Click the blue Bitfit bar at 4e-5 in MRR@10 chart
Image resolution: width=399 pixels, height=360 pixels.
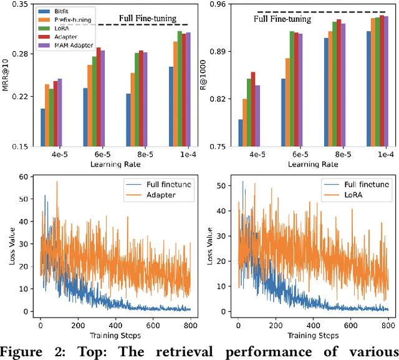(43, 127)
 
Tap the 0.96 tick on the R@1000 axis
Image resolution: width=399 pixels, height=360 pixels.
(218, 4)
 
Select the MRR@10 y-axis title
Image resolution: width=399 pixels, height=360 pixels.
(6, 75)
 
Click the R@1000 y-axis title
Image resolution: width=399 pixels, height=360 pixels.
(204, 75)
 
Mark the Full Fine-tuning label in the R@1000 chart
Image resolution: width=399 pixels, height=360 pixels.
(282, 19)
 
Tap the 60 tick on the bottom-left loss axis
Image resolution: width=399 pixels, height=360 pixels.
(26, 177)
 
